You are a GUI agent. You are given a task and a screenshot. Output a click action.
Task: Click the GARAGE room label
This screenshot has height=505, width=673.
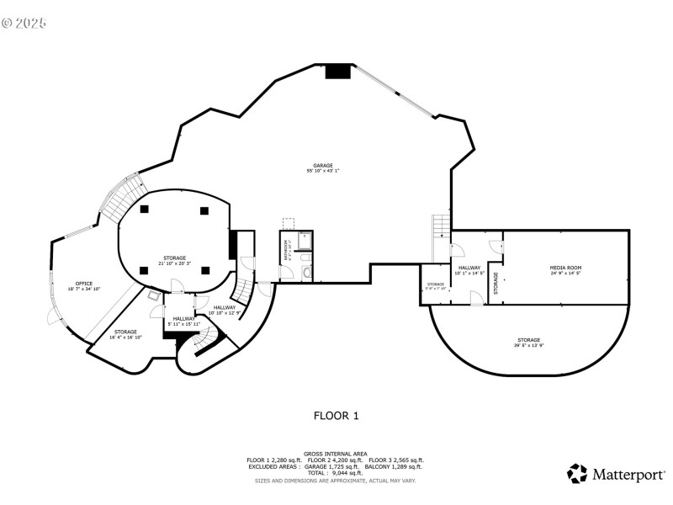323,165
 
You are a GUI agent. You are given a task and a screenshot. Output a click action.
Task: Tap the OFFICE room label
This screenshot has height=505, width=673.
84,284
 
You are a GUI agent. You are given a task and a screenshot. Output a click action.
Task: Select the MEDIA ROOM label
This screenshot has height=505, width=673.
566,268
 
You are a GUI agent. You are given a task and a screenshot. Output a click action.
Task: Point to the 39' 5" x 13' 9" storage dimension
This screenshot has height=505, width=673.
529,346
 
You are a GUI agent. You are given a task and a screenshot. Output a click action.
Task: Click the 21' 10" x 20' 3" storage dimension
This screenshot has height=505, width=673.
174,263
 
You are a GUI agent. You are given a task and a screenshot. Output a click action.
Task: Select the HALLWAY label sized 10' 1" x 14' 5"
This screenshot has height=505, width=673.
469,268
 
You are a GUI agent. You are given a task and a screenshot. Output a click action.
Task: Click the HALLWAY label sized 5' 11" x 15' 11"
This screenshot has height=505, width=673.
184,318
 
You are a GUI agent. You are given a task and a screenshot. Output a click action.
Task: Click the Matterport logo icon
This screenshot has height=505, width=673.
576,474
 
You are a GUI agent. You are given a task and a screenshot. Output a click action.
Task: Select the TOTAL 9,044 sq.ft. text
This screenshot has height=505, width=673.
336,472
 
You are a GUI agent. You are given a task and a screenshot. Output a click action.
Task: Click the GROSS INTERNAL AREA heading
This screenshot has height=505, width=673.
336,454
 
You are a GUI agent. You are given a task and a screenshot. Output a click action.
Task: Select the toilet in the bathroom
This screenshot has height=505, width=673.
307,272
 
